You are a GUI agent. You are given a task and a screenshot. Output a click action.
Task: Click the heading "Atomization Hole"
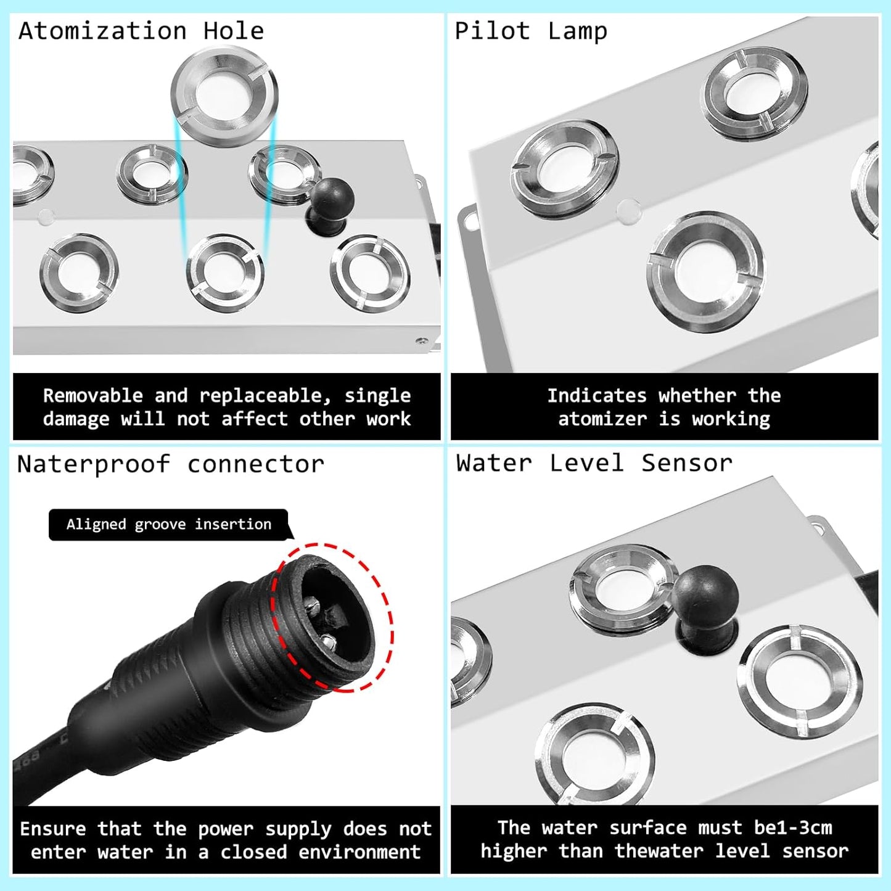click(141, 31)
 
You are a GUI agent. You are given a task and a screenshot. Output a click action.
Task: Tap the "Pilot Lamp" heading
click(530, 31)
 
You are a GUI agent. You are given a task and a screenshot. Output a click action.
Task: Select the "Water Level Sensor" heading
click(594, 462)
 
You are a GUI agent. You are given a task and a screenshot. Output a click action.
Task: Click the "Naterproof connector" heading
click(170, 464)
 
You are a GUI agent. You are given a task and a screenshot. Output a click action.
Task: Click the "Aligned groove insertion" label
click(168, 524)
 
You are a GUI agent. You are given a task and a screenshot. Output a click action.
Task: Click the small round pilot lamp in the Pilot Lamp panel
click(628, 211)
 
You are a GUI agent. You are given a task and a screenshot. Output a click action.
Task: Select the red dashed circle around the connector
click(334, 617)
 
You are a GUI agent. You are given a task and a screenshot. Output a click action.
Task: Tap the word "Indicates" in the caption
click(596, 396)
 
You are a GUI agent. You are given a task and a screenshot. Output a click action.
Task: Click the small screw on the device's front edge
click(422, 340)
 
